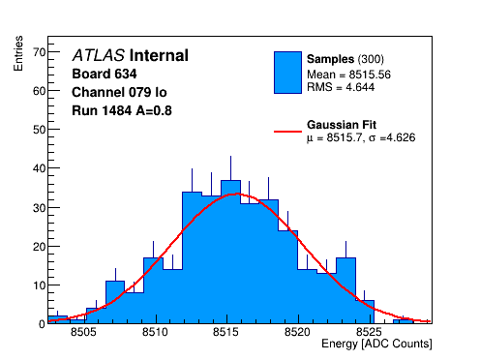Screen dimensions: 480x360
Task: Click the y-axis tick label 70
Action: coord(40,52)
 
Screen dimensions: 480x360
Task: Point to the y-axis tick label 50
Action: coord(40,130)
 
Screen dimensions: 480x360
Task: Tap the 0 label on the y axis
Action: coord(43,324)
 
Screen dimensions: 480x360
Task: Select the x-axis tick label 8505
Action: coord(83,332)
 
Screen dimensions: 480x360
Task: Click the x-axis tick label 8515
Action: coord(225,332)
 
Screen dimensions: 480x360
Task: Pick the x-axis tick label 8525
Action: coord(369,332)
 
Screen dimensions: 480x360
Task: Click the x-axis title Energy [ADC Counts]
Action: coord(376,344)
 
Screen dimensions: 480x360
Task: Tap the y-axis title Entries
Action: coord(18,53)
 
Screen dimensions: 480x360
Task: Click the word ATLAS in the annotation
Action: coord(99,55)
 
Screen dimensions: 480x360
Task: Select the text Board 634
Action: coord(105,74)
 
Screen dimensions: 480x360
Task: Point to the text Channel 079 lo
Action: coord(119,93)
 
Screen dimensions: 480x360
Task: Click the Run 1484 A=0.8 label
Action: coord(122,111)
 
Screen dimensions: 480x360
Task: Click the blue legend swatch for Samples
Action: coord(287,73)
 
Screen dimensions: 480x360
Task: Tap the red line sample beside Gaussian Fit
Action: coord(287,132)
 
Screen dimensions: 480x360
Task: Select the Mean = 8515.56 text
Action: coord(348,75)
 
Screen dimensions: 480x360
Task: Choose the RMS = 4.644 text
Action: coord(341,87)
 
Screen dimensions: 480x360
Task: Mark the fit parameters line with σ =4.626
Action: coord(361,137)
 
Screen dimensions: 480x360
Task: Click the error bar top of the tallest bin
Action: coord(230,156)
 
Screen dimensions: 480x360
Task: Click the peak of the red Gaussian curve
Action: coord(236,194)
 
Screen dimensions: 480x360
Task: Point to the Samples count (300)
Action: coord(371,59)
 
